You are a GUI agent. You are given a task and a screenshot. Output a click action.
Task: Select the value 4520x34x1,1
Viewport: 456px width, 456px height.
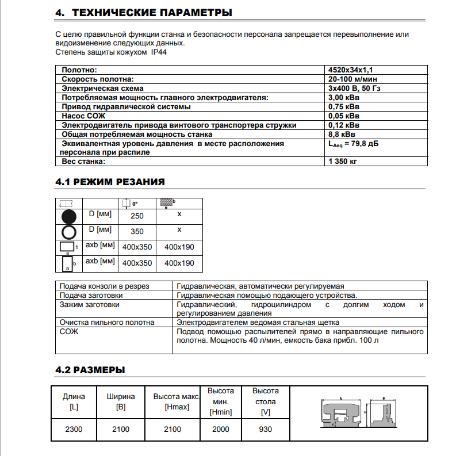pyautogui.click(x=351, y=70)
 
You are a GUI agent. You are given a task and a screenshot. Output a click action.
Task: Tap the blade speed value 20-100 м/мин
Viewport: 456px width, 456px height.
pyautogui.click(x=352, y=79)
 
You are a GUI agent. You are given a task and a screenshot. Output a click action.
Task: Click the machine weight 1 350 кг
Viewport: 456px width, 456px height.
pyautogui.click(x=343, y=162)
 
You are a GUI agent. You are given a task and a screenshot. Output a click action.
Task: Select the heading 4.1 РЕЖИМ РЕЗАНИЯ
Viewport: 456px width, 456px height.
pyautogui.click(x=110, y=182)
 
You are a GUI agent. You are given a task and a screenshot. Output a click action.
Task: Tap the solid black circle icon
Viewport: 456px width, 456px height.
pyautogui.click(x=69, y=217)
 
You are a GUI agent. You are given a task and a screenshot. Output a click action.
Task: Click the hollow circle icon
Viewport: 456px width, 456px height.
pyautogui.click(x=69, y=232)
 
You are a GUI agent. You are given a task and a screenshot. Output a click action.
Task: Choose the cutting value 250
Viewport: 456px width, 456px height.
pyautogui.click(x=137, y=216)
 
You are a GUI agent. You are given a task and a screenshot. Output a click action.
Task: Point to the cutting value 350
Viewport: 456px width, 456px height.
pyautogui.click(x=137, y=232)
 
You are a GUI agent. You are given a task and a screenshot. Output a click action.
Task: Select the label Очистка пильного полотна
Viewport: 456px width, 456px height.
pyautogui.click(x=107, y=323)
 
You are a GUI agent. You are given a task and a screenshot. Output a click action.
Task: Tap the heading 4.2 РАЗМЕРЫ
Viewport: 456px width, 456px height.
pyautogui.click(x=90, y=369)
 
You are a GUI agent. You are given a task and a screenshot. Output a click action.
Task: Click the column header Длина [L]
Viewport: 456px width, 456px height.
pyautogui.click(x=74, y=401)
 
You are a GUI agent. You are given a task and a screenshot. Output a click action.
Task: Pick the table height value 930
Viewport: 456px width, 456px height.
pyautogui.click(x=265, y=429)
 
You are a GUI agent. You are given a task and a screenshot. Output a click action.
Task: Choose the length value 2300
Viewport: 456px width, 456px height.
pyautogui.click(x=74, y=429)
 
